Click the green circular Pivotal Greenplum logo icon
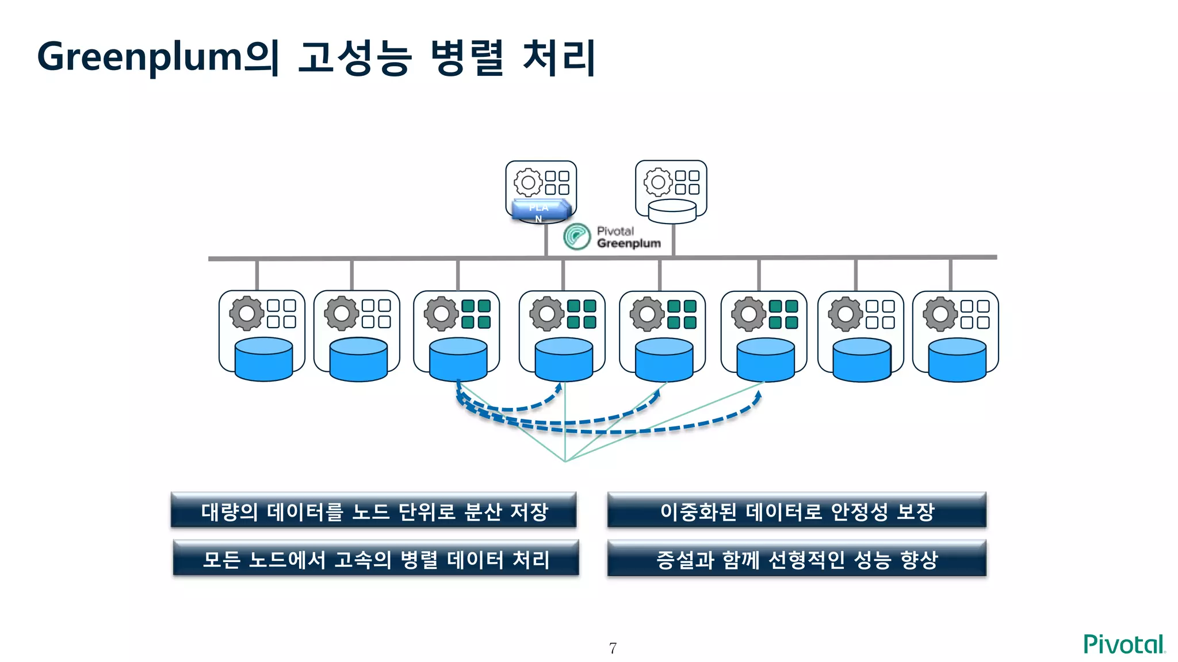click(x=576, y=237)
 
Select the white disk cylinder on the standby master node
click(x=672, y=211)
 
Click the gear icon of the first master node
click(x=527, y=183)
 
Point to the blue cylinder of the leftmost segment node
click(x=263, y=360)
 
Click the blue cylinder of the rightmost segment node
click(x=957, y=360)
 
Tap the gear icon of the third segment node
click(x=441, y=314)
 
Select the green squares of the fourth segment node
click(x=582, y=314)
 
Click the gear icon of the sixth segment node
click(x=748, y=314)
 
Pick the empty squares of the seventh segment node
click(x=880, y=314)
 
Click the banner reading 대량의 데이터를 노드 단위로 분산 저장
click(x=374, y=511)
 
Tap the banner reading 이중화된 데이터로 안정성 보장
click(x=797, y=511)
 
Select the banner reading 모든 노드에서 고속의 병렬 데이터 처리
click(x=376, y=559)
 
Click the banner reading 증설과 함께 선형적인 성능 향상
click(x=797, y=559)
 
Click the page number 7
click(x=613, y=648)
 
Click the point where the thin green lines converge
click(x=565, y=461)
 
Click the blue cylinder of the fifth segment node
click(x=664, y=360)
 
